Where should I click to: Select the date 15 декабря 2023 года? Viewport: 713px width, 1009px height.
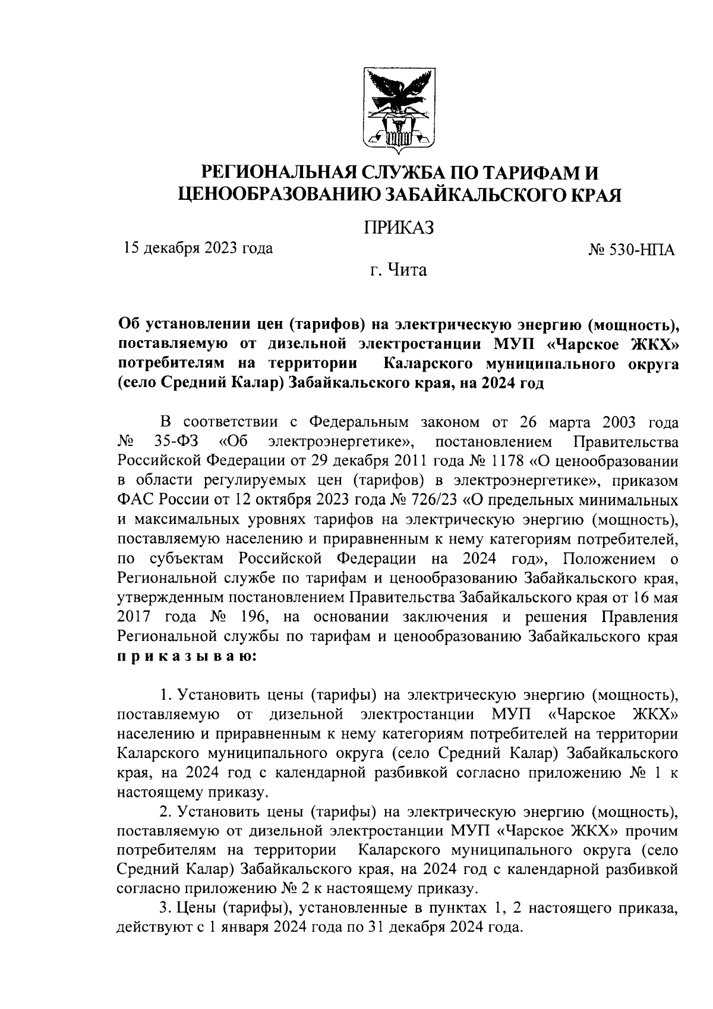point(198,248)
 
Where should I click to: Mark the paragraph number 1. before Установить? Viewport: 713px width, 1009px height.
point(166,694)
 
